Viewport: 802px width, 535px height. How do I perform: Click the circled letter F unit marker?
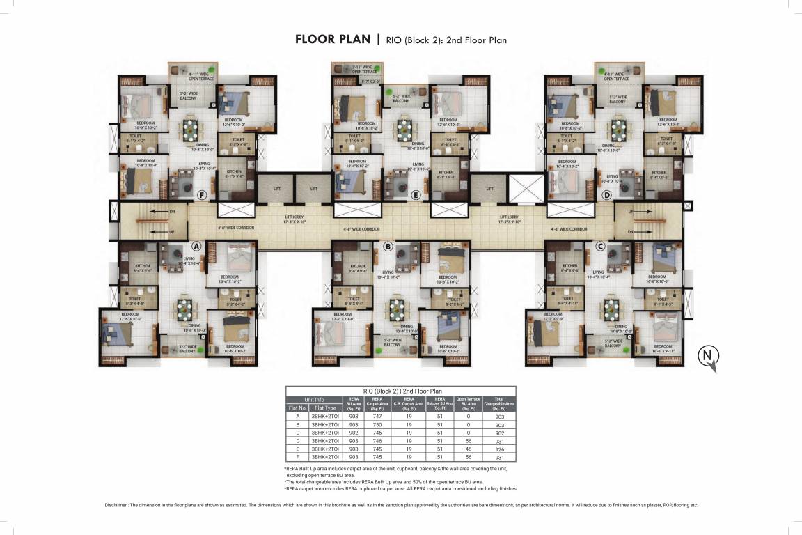point(203,195)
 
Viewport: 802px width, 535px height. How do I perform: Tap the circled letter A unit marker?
point(196,246)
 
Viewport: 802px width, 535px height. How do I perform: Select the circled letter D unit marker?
point(607,195)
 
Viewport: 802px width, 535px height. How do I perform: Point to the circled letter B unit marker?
point(388,246)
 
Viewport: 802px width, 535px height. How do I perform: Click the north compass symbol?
point(708,357)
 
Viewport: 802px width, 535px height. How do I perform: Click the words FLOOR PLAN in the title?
point(333,40)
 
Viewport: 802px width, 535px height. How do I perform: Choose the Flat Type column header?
point(325,408)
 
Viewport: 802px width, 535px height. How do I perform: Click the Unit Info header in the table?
point(314,399)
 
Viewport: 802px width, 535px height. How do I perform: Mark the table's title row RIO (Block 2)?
point(400,391)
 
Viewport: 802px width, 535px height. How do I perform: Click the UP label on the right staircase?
point(631,210)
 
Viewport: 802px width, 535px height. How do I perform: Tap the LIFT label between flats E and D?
point(489,188)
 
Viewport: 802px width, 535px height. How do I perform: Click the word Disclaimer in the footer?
point(119,505)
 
